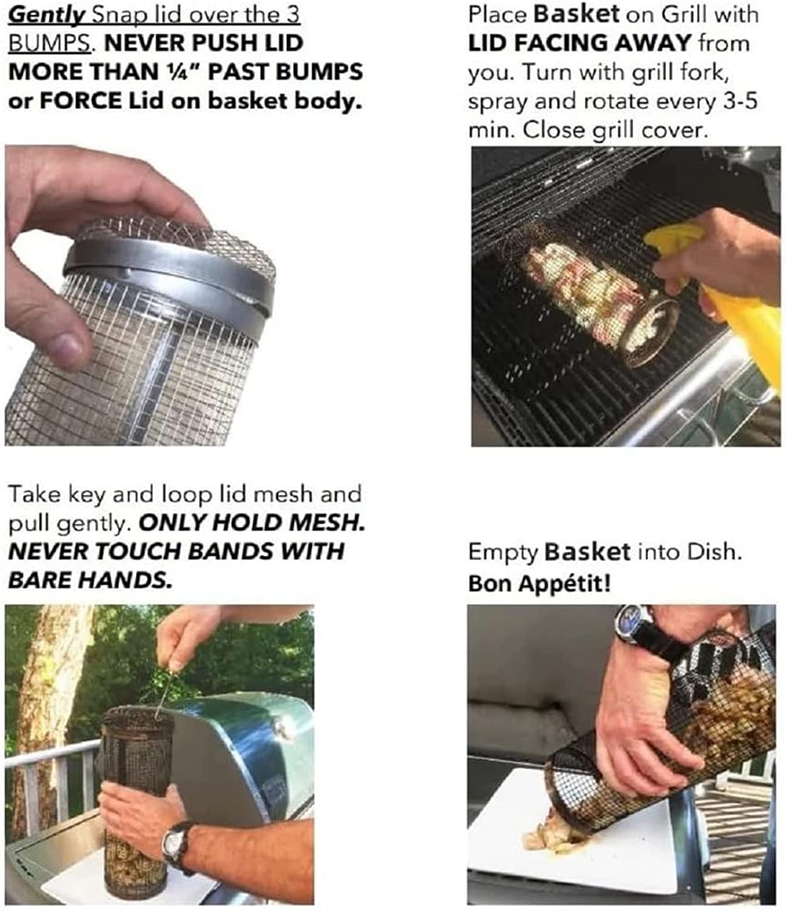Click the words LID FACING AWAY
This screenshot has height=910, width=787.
point(580,43)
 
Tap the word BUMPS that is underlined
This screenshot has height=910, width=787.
point(48,43)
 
